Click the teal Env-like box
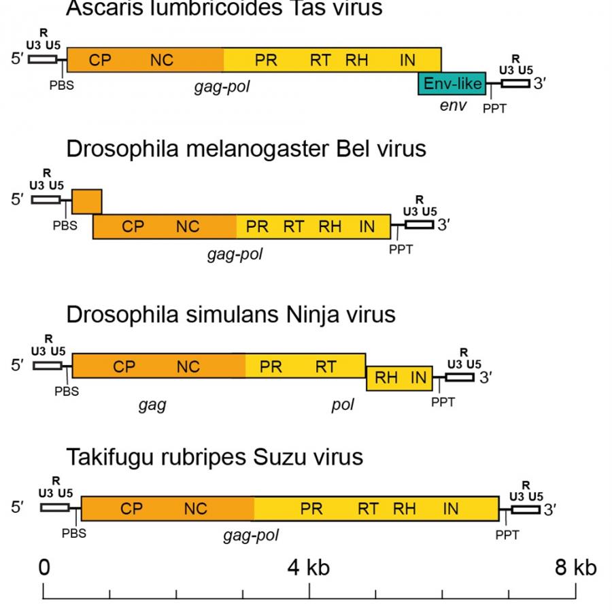[452, 83]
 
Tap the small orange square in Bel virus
[86, 201]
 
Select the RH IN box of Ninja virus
[399, 378]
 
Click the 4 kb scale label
[308, 567]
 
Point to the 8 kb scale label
[575, 567]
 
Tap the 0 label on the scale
[44, 567]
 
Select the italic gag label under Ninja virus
[152, 405]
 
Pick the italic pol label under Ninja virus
[343, 405]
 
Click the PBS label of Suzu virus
[74, 533]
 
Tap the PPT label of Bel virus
[401, 250]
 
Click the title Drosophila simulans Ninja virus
[231, 315]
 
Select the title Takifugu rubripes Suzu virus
[214, 457]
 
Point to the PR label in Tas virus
[266, 60]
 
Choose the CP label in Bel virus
[133, 227]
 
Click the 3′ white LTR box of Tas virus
[515, 83]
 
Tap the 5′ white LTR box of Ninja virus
[47, 365]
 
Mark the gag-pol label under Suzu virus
[250, 536]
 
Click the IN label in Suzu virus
[451, 508]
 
